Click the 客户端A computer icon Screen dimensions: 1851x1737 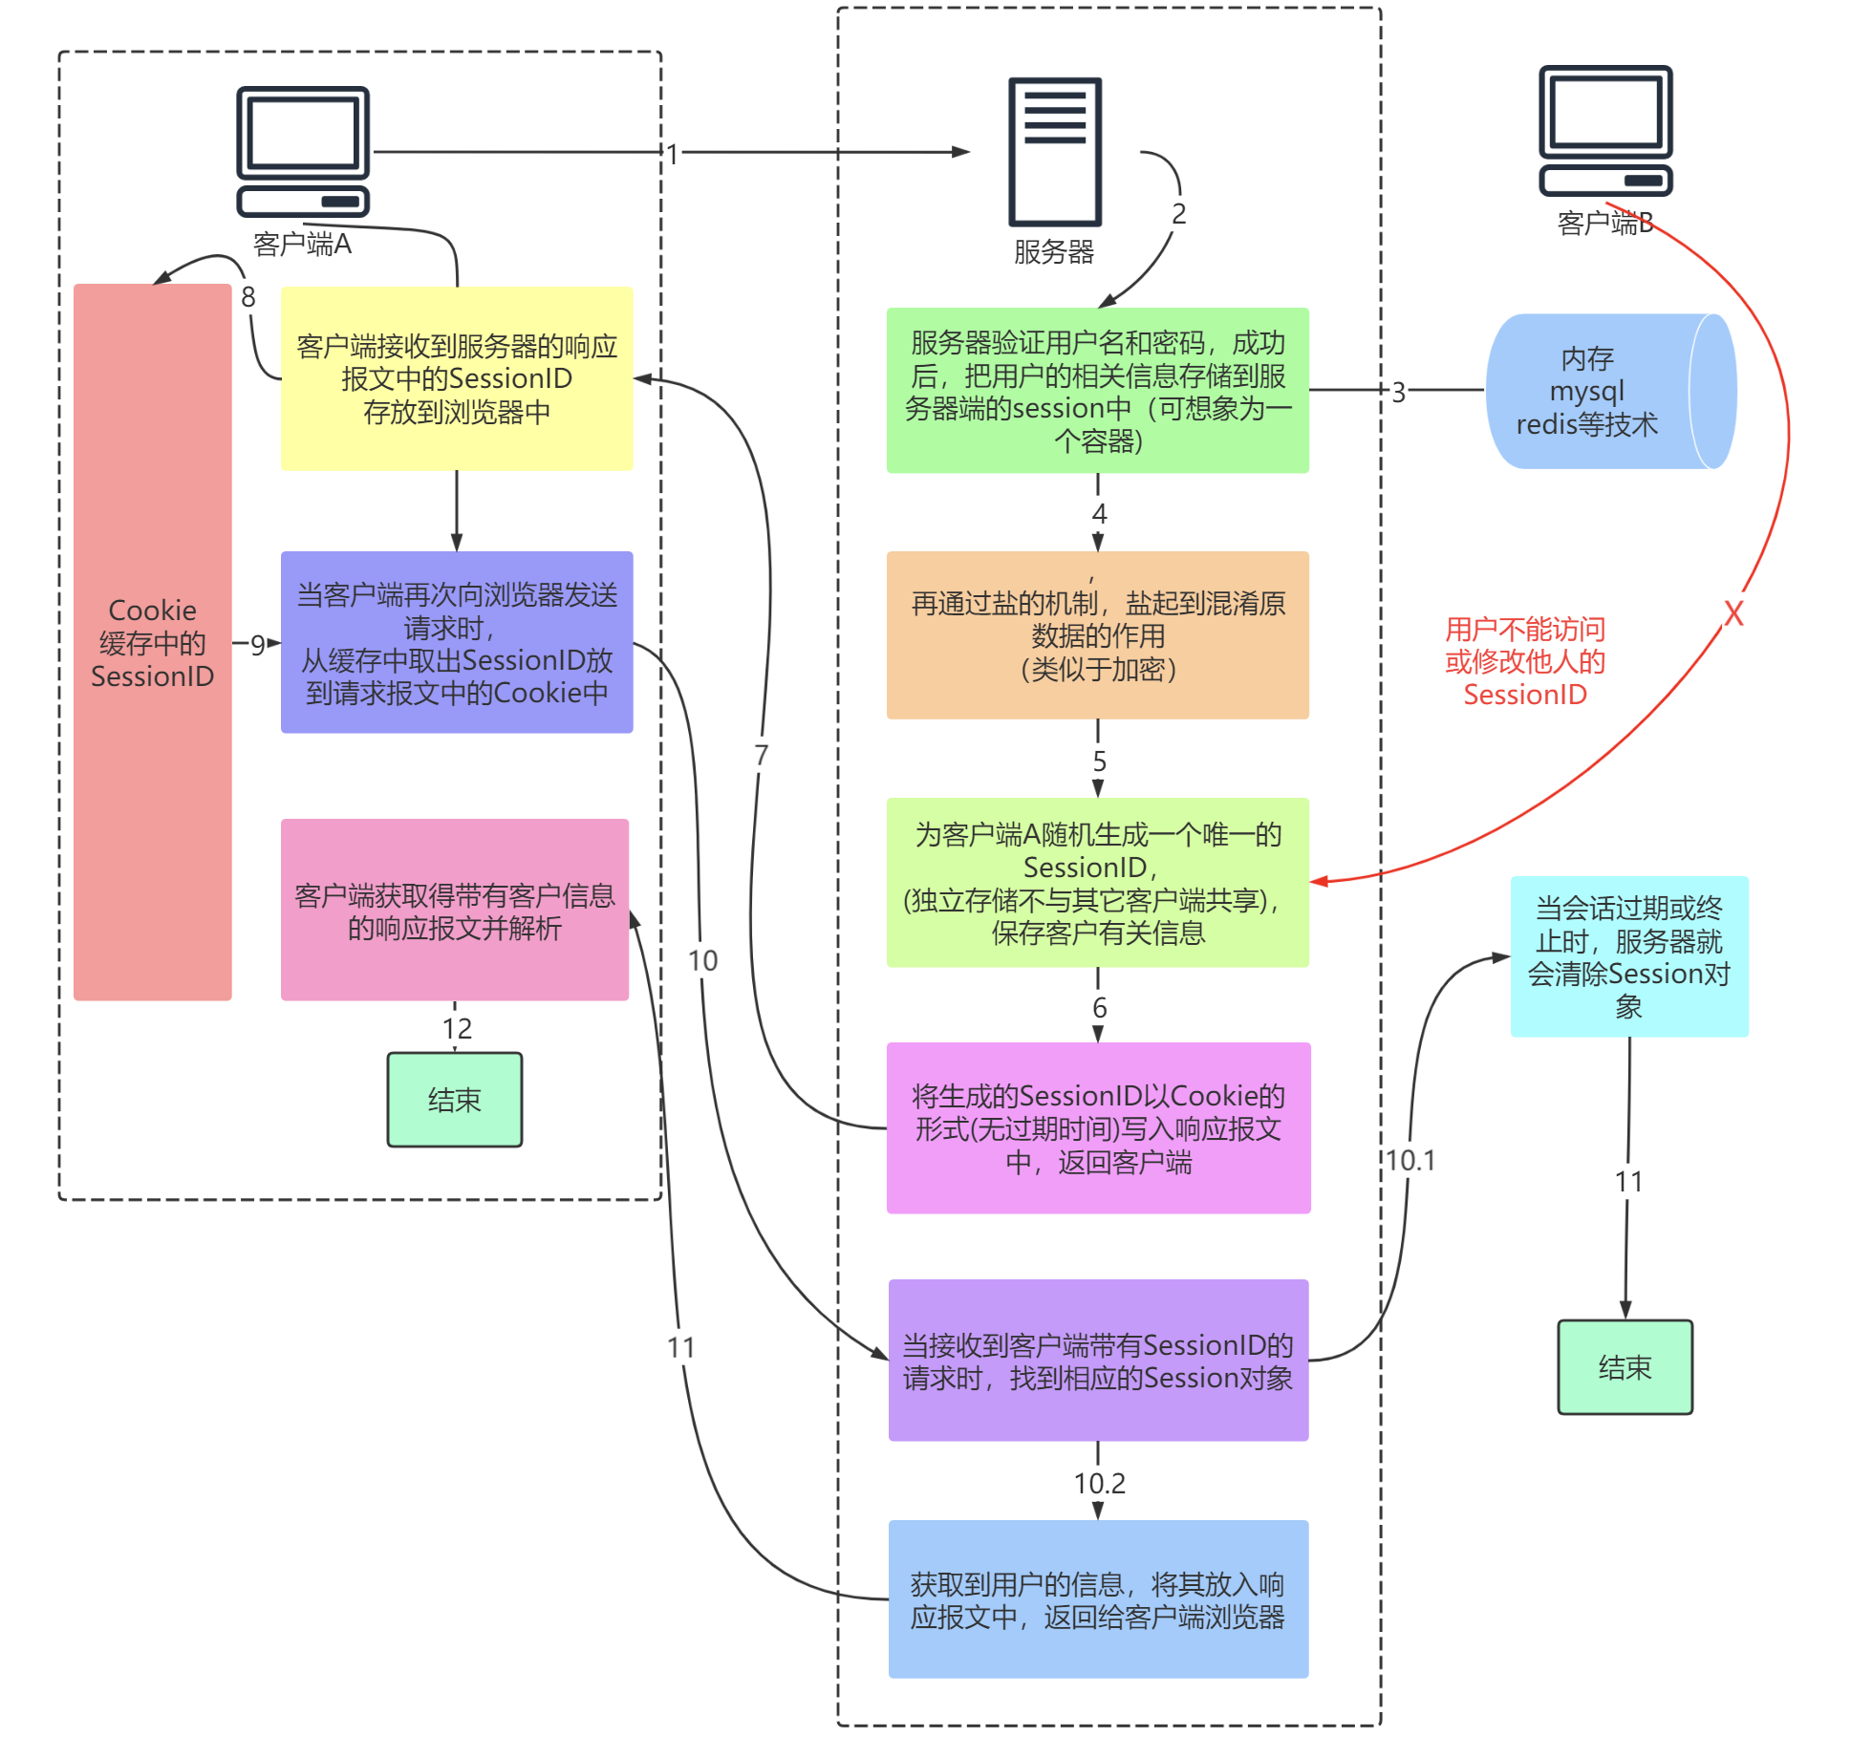(x=303, y=152)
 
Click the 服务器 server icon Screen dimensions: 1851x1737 (x=1055, y=152)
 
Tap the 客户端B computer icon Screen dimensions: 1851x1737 (x=1605, y=131)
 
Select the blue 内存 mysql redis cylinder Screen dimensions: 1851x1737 (x=1611, y=392)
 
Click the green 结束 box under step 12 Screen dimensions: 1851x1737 (x=455, y=1100)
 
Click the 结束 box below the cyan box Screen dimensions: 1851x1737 (x=1625, y=1367)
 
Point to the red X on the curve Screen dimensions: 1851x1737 (x=1733, y=613)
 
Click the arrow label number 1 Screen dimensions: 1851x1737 (x=673, y=154)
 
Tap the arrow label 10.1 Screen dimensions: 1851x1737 (x=1410, y=1161)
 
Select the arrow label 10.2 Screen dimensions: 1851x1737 (x=1099, y=1484)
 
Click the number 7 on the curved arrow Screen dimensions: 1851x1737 (x=762, y=755)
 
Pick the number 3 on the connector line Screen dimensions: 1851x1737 (x=1399, y=392)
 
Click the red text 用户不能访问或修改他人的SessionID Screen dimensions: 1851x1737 (x=1525, y=661)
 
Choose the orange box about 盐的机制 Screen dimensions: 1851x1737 (x=1098, y=635)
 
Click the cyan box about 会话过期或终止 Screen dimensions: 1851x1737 (x=1629, y=956)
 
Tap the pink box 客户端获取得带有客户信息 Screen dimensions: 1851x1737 (x=455, y=910)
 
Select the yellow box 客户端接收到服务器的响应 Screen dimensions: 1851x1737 (x=457, y=378)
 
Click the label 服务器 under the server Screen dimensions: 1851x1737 (x=1054, y=252)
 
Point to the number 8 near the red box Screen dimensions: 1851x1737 (x=248, y=297)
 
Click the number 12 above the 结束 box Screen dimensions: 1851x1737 (x=457, y=1029)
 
